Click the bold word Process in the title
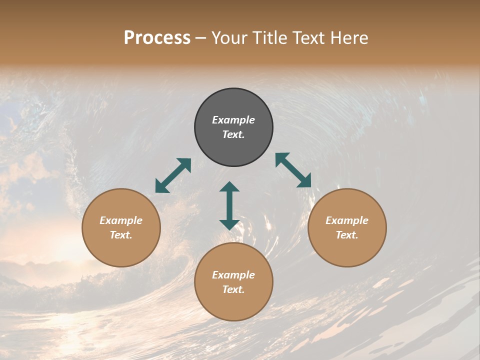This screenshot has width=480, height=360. click(157, 37)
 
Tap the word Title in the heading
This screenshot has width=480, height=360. click(269, 37)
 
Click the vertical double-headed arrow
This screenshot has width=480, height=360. click(229, 205)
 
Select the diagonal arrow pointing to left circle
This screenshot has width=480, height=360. click(173, 175)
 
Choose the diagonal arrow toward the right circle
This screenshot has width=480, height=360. click(293, 170)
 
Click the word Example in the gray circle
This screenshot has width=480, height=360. click(233, 120)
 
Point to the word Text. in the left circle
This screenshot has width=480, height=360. click(121, 235)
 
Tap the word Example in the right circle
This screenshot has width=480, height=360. click(347, 220)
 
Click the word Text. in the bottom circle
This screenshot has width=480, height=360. click(233, 289)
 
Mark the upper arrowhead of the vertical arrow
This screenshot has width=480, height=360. click(229, 187)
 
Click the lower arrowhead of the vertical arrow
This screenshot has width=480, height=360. click(229, 224)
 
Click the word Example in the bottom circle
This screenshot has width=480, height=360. click(233, 275)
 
